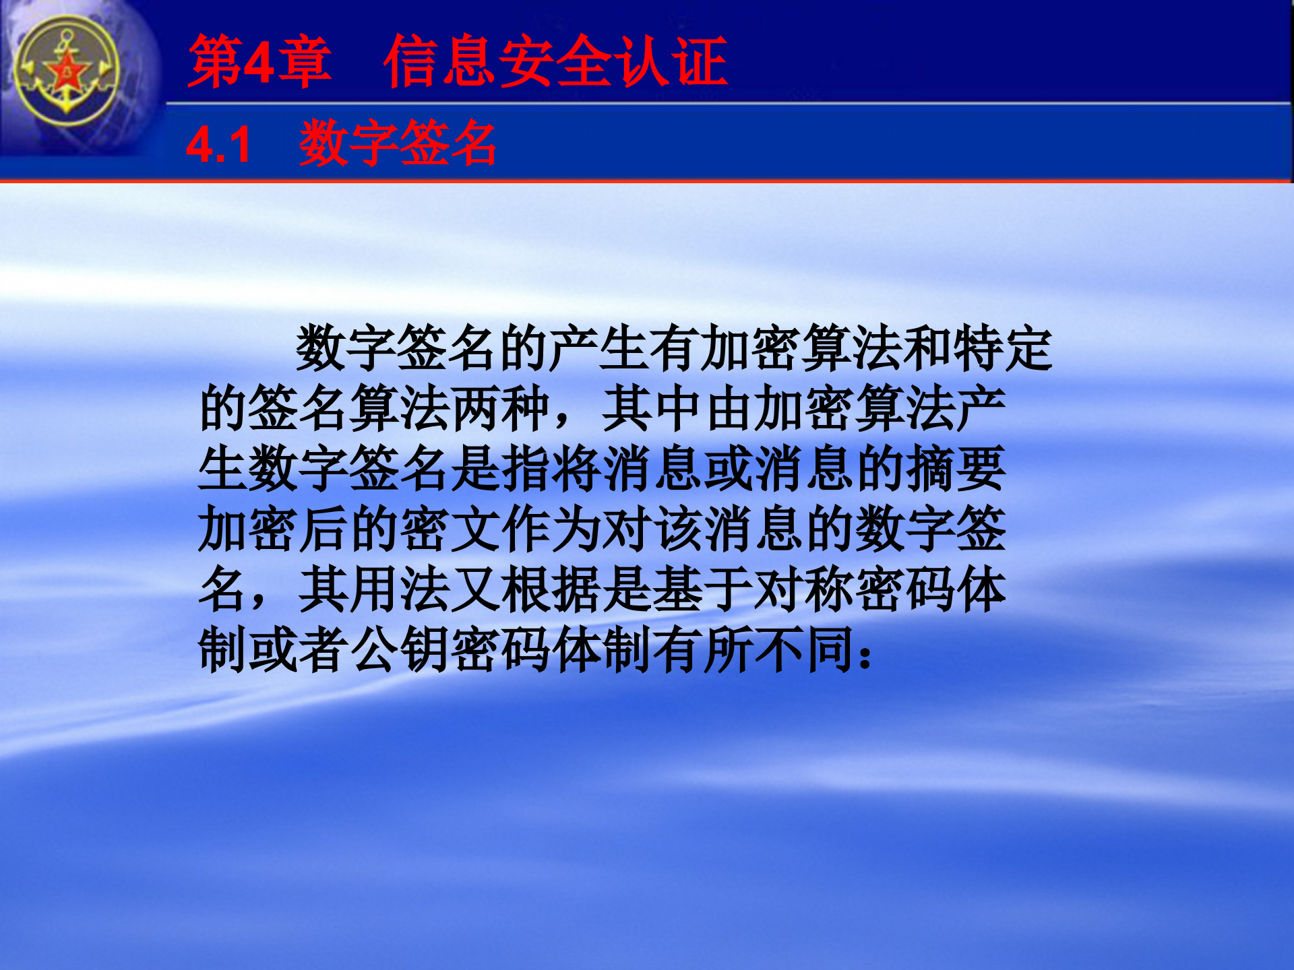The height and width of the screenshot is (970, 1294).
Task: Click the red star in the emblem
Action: pos(67,71)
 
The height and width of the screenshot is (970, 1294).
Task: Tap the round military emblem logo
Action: pos(67,71)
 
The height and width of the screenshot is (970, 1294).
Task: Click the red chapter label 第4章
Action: pos(260,62)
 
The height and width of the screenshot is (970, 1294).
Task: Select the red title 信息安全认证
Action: pos(555,62)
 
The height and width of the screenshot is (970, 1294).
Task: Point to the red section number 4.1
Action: pos(218,145)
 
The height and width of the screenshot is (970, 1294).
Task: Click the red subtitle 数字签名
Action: pos(398,143)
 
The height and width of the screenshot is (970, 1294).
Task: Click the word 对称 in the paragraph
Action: pos(805,590)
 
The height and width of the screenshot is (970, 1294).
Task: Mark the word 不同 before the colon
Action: pos(805,650)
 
